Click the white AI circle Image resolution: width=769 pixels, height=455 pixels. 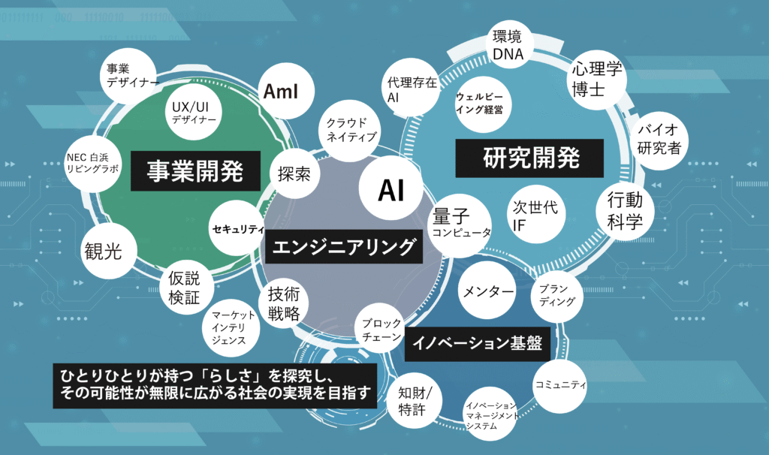[391, 191]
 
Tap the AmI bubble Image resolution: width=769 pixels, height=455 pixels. [281, 92]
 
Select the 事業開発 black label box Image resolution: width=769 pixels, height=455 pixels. [195, 170]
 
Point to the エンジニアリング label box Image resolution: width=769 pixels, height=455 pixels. [343, 246]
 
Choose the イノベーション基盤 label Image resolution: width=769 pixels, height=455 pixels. [478, 344]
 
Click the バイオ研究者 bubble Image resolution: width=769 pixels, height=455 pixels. [659, 138]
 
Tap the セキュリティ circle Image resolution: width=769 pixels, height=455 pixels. [238, 228]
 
